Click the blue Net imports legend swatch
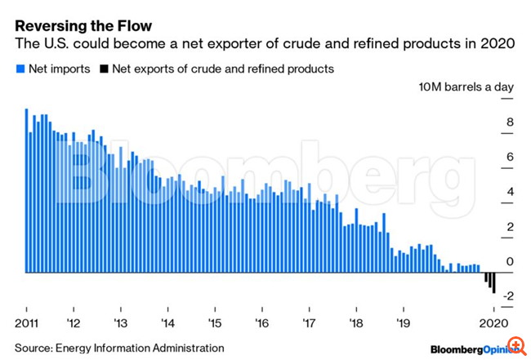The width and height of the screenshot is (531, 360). click(20, 69)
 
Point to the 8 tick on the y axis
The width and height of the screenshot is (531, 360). click(510, 123)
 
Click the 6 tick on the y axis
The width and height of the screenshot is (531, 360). click(510, 158)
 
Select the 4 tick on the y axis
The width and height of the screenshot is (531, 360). click(510, 193)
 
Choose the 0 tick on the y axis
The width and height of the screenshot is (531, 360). click(510, 261)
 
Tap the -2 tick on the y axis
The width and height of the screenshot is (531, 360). click(508, 296)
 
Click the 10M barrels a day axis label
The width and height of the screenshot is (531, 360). click(465, 87)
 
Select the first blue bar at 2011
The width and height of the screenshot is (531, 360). click(27, 190)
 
